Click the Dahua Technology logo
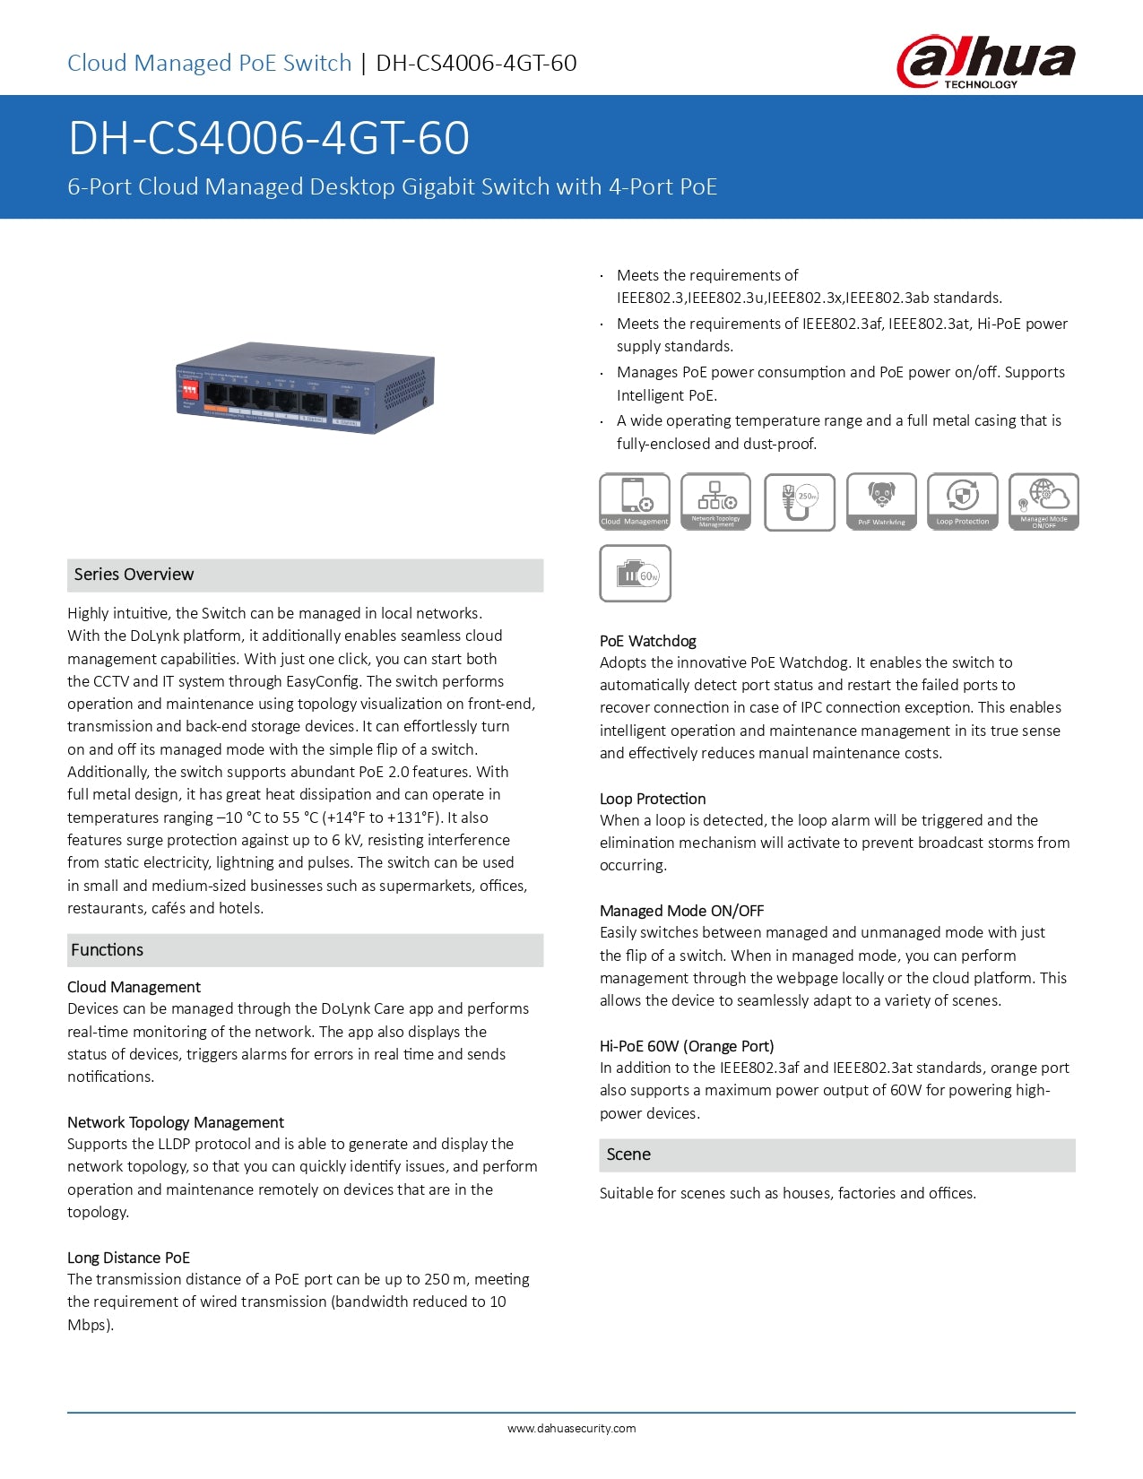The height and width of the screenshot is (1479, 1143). point(985,61)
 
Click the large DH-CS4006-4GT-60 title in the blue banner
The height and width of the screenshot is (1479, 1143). point(269,138)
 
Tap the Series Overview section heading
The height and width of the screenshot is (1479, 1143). point(134,575)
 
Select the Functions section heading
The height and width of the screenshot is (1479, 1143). point(107,950)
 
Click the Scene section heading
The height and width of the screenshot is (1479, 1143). point(628,1155)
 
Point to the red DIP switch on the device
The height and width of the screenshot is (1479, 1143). point(189,391)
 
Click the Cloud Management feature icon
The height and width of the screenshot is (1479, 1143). point(635,501)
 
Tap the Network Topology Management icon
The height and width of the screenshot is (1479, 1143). point(715,501)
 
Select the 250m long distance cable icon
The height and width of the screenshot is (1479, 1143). point(800,501)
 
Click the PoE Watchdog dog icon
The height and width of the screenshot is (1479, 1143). point(881,501)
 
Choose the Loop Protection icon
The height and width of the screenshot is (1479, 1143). point(962,501)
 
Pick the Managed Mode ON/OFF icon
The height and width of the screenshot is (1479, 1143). point(1043,501)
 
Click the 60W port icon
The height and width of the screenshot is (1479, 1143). point(635,574)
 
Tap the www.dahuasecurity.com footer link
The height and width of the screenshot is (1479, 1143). point(571,1429)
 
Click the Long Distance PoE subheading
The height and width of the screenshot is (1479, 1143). point(128,1258)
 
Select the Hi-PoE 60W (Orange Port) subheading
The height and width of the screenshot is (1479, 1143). point(687,1046)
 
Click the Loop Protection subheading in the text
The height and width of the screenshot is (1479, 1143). point(653,799)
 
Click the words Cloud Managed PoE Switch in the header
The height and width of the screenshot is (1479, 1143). point(210,63)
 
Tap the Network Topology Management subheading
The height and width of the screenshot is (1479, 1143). point(176,1122)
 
